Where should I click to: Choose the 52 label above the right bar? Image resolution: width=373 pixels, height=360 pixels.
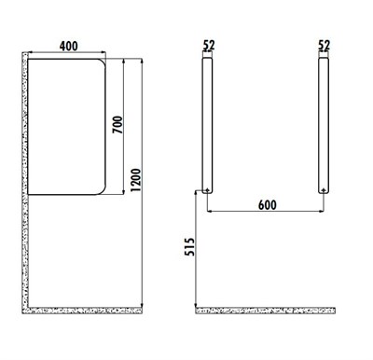point(324,44)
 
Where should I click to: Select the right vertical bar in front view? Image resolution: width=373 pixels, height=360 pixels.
point(324,121)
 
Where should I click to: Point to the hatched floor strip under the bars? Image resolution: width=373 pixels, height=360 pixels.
point(265,309)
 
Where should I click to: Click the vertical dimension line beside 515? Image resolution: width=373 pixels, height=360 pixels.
point(195,250)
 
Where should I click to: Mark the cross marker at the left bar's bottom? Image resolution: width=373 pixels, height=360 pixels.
point(206,190)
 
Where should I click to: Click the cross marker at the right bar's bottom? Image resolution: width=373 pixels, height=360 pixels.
point(324,190)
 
